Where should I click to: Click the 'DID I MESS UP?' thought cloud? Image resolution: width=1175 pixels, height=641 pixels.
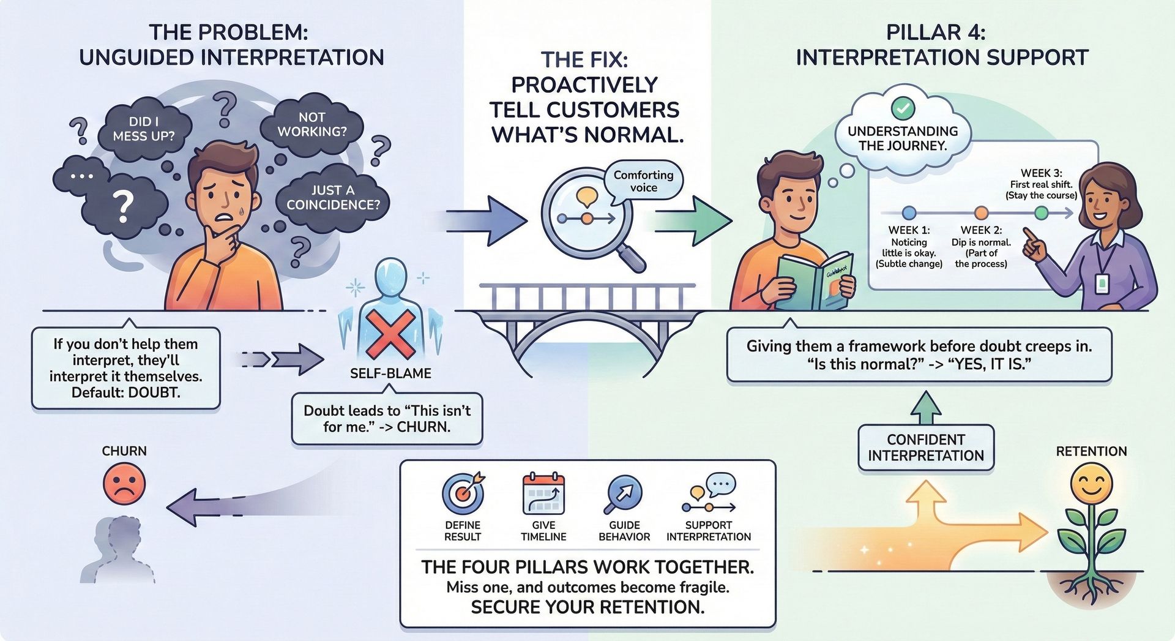point(144,129)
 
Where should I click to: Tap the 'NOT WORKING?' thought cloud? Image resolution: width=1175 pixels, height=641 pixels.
point(312,124)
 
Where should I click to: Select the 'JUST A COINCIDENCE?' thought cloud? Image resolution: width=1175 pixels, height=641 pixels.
point(333,198)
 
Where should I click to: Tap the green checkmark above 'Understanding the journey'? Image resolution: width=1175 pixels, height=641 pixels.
point(903,108)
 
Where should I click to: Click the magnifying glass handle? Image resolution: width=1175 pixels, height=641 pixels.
point(630,257)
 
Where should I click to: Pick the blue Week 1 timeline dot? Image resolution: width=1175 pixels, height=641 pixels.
point(909,213)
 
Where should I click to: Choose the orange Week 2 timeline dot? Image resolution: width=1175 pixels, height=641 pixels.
point(981,213)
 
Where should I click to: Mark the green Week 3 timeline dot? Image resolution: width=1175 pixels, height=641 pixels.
point(1041,213)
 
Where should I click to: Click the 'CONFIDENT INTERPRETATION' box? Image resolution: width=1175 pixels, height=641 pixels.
point(926,448)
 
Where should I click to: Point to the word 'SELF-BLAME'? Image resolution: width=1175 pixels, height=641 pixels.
point(390,373)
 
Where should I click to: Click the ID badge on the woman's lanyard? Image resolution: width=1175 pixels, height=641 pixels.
point(1102,282)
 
